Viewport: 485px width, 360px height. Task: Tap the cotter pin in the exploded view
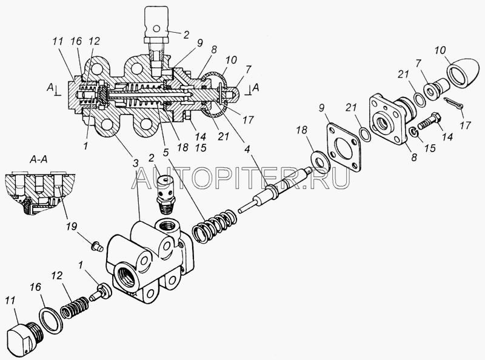(454, 103)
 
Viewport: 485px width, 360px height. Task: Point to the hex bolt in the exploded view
(430, 122)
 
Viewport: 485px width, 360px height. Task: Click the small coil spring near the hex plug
(74, 307)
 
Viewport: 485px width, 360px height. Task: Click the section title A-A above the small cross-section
(38, 159)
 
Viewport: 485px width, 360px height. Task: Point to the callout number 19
(71, 227)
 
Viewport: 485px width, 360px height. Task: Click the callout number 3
(135, 164)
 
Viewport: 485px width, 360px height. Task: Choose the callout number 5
(166, 153)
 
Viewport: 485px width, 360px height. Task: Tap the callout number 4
(247, 149)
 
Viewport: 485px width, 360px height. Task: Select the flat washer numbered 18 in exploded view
(321, 159)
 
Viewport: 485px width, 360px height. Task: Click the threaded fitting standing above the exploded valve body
(167, 194)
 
